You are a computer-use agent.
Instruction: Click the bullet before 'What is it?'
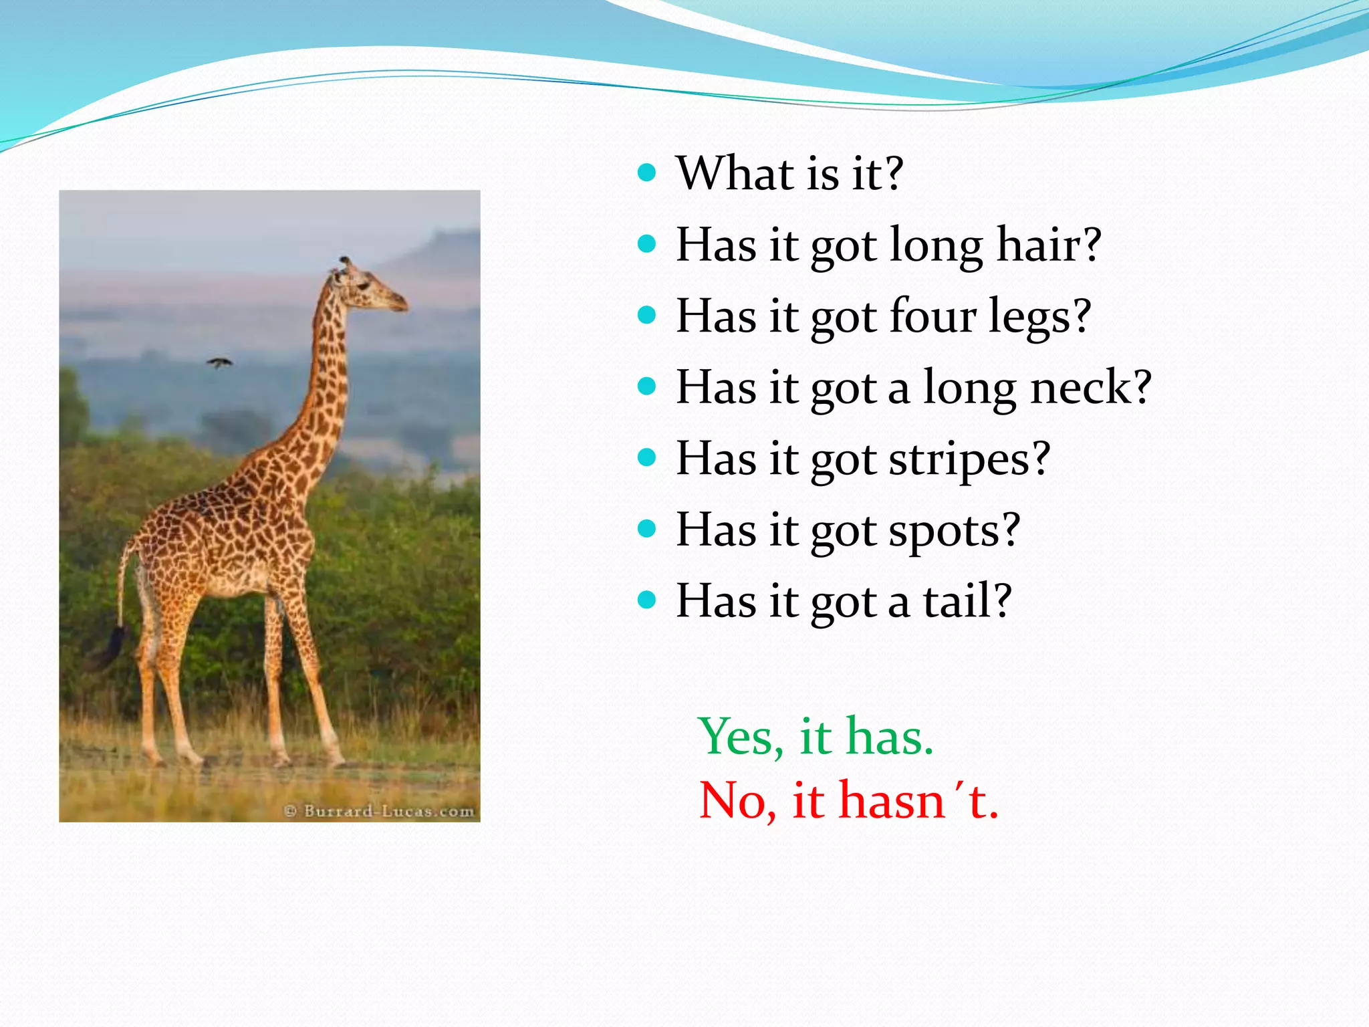[x=646, y=173]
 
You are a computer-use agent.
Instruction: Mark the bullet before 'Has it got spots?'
[x=646, y=530]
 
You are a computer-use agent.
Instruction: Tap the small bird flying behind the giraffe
[x=219, y=363]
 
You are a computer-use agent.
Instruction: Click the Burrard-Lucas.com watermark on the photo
[x=380, y=811]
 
